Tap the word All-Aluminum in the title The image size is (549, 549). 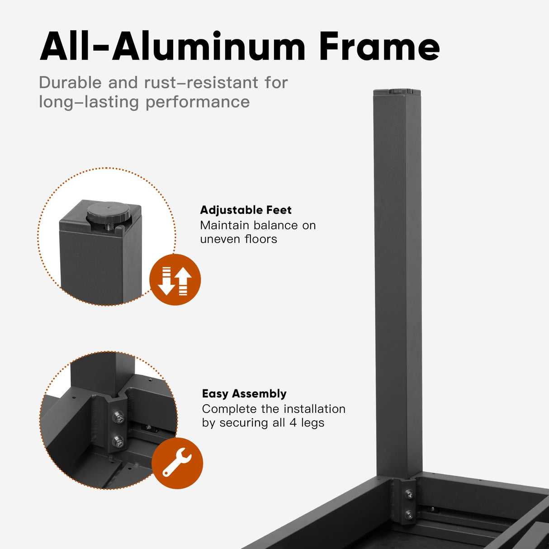tap(173, 47)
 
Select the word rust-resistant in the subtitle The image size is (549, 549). tap(201, 83)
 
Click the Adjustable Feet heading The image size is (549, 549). tap(246, 210)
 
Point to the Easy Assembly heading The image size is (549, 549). tap(244, 394)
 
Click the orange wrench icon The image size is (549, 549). tap(177, 463)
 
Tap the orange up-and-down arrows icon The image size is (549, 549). tap(175, 279)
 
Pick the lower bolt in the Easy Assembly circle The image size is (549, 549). tap(118, 442)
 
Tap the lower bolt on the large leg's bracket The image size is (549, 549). tap(409, 514)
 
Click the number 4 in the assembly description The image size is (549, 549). tap(293, 422)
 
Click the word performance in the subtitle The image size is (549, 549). tap(198, 103)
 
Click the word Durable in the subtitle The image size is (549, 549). tap(71, 83)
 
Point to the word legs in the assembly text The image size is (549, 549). tap(312, 423)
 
